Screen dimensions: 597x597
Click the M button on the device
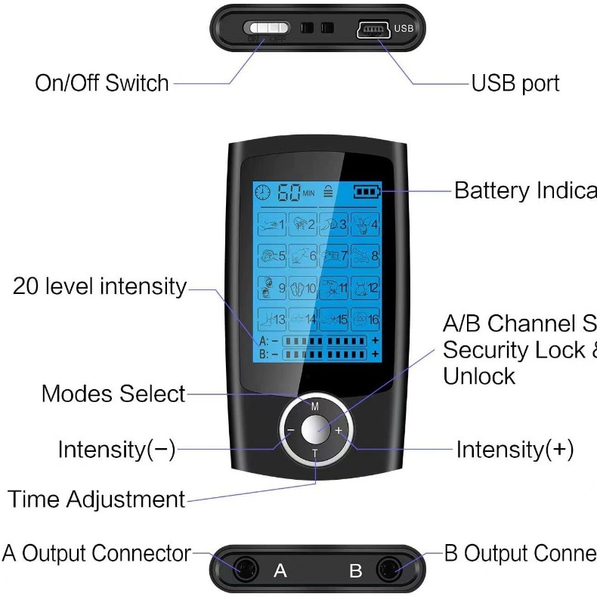coord(314,406)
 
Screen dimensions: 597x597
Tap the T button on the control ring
coord(315,453)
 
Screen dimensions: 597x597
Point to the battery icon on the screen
coord(368,191)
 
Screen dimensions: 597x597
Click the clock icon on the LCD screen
coord(262,192)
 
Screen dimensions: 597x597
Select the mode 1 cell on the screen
coord(271,224)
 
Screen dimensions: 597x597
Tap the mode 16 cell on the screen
coord(364,319)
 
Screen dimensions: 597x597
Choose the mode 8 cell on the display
coord(364,255)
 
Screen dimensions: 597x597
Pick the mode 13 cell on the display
coord(271,319)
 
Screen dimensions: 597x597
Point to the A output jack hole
coord(245,569)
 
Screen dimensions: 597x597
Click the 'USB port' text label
coord(515,83)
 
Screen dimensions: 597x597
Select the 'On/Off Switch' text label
coord(102,83)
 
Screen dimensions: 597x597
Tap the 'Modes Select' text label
coord(113,394)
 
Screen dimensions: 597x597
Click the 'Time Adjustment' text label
coord(96,500)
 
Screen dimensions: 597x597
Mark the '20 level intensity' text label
coord(99,286)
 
